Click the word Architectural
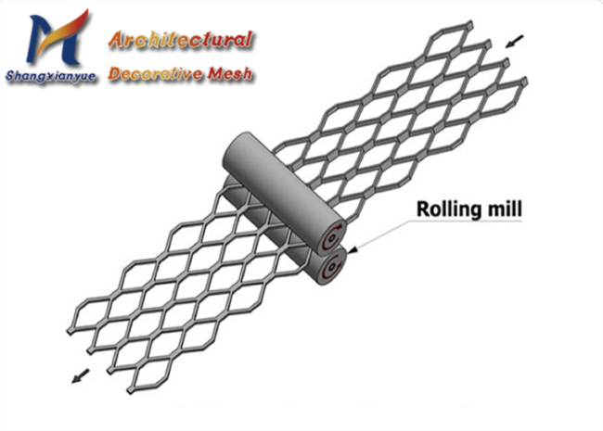pos(180,40)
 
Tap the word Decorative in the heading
pos(155,73)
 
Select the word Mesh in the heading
pos(230,73)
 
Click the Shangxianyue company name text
pos(50,76)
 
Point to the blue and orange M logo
pos(58,38)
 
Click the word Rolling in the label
pos(447,209)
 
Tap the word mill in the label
pos(503,209)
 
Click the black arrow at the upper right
pos(514,41)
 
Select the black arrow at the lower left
pos(81,376)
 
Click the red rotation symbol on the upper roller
pos(331,238)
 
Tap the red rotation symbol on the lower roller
pos(332,266)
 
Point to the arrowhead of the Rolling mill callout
pos(353,250)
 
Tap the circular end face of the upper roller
pos(332,238)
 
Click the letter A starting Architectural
pos(117,41)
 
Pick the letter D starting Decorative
pos(115,73)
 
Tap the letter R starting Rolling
pos(423,209)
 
